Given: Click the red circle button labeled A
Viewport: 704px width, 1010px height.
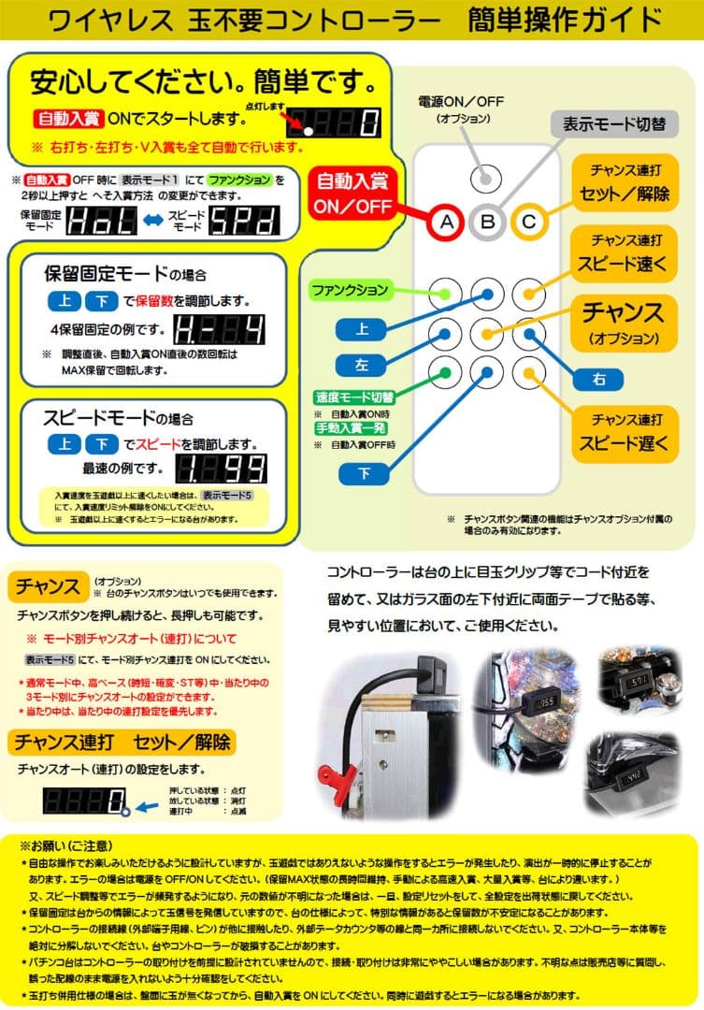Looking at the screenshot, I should (447, 222).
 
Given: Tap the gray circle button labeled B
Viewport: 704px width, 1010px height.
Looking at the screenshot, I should (487, 222).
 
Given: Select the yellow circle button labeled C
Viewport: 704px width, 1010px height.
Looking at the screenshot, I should (527, 222).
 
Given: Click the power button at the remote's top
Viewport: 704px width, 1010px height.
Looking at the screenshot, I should (486, 178).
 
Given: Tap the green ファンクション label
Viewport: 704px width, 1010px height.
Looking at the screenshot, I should (351, 291).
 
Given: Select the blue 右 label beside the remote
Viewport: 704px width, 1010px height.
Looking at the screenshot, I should (600, 378).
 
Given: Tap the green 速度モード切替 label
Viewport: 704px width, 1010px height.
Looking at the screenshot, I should (355, 397).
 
